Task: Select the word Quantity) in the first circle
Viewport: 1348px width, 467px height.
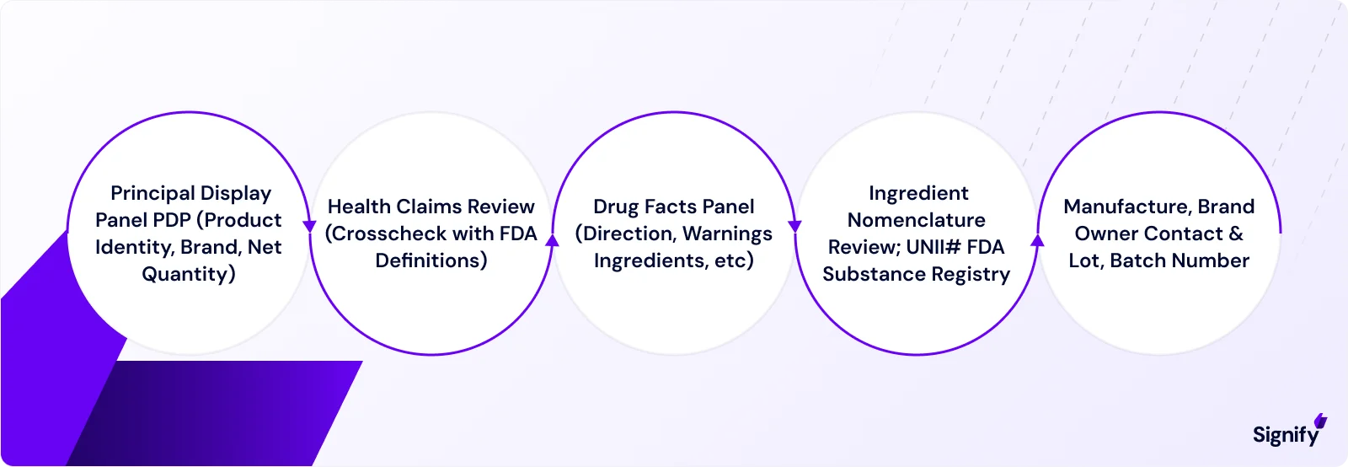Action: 189,275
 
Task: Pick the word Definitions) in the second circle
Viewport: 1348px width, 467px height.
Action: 431,261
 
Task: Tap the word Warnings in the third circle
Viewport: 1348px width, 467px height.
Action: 727,234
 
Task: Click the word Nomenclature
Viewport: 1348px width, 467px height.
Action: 917,221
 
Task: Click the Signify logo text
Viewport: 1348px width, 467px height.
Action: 1286,434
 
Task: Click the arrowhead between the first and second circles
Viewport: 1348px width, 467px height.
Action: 309,227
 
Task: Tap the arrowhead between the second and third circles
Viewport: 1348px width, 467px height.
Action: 552,240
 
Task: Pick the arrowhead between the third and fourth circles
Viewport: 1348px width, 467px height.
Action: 794,227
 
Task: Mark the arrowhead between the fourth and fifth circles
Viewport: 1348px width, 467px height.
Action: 1037,240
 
